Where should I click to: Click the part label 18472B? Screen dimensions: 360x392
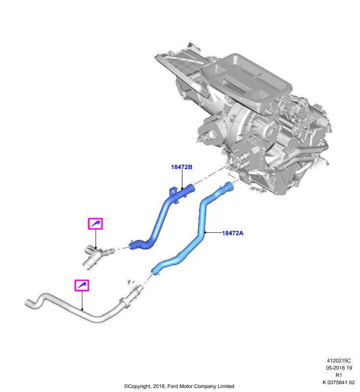click(181, 167)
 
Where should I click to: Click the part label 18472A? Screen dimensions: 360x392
click(232, 233)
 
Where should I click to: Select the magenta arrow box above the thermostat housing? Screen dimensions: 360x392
click(95, 223)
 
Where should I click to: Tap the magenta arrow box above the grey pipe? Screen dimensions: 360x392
click(82, 285)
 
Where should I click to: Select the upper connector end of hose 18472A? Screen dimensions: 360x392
click(228, 187)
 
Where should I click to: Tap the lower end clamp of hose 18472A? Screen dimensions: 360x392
click(155, 271)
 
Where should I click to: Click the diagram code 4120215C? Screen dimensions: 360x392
click(339, 361)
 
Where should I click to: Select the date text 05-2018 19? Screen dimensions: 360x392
click(339, 368)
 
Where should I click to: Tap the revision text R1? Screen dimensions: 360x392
click(339, 375)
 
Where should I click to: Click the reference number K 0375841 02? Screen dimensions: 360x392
click(338, 383)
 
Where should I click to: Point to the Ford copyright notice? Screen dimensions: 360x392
click(179, 386)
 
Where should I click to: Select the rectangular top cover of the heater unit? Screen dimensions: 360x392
click(247, 80)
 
